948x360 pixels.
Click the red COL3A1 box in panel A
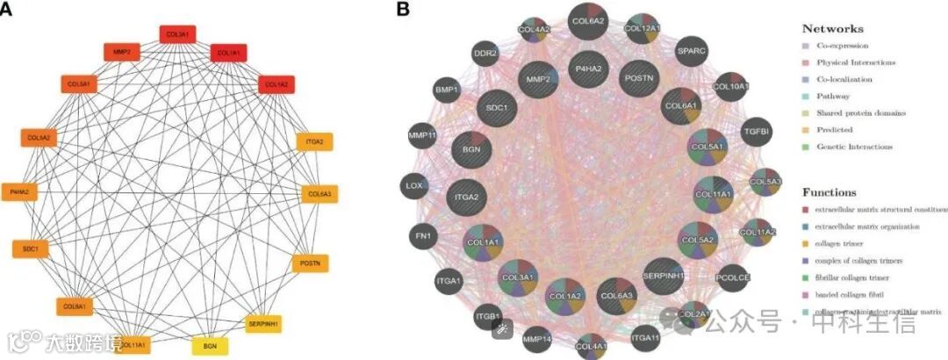pyautogui.click(x=177, y=33)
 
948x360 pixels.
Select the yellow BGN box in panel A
pyautogui.click(x=210, y=346)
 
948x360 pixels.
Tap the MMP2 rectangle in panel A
pyautogui.click(x=122, y=53)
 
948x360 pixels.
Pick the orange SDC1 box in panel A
pyautogui.click(x=31, y=249)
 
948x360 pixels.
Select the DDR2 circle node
pyautogui.click(x=485, y=54)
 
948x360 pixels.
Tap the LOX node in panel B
pyautogui.click(x=414, y=185)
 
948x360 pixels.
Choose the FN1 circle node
pyautogui.click(x=420, y=234)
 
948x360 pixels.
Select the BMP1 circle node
pyautogui.click(x=445, y=90)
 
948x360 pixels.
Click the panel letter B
pyautogui.click(x=403, y=10)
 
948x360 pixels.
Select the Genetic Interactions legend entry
pyautogui.click(x=853, y=147)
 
